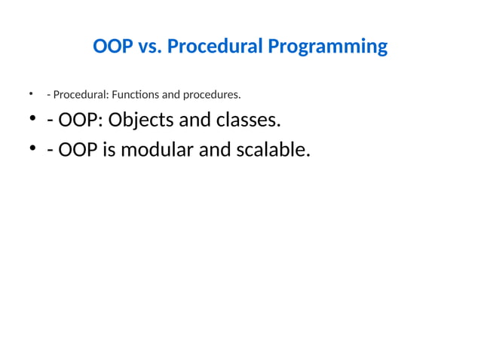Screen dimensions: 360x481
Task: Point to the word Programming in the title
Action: coord(327,47)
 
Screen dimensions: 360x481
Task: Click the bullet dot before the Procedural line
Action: coord(32,94)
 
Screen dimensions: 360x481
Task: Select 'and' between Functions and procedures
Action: coord(164,95)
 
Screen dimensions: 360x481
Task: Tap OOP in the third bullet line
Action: coord(75,150)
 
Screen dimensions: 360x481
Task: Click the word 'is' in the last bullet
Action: coord(108,150)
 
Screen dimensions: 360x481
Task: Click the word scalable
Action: coord(271,150)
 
